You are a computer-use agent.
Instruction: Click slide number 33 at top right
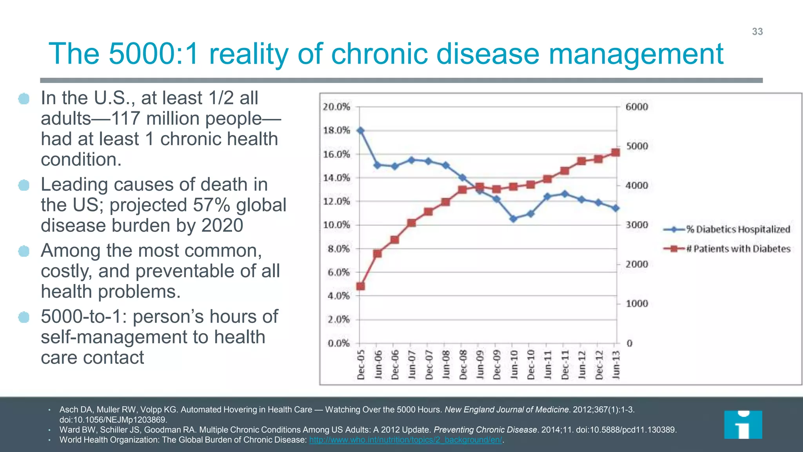(757, 32)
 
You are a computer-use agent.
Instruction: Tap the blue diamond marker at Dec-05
(361, 131)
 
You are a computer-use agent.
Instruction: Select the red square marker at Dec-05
(361, 286)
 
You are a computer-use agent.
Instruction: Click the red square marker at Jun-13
(616, 152)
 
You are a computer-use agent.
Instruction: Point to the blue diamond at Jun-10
(513, 219)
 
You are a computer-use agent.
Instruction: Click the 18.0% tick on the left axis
(336, 130)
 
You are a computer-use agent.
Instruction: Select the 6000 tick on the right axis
(637, 107)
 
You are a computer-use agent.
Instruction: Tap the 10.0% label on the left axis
(336, 225)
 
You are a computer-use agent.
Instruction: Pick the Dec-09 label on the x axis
(497, 365)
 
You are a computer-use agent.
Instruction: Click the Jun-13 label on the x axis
(616, 365)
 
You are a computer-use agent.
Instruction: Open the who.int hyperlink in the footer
(405, 440)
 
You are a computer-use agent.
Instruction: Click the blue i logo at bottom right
(743, 425)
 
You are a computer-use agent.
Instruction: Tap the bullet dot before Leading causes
(24, 185)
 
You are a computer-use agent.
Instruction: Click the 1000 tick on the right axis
(637, 304)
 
